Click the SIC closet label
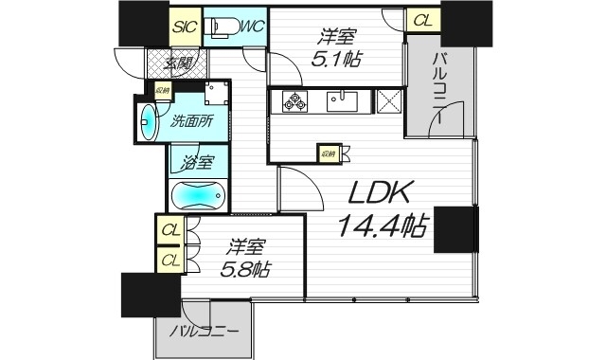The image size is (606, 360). click(186, 27)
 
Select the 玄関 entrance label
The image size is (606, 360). click(177, 64)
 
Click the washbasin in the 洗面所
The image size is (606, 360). click(150, 121)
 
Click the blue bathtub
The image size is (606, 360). click(199, 196)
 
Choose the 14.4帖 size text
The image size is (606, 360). click(383, 226)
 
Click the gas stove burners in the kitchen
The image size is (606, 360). click(294, 100)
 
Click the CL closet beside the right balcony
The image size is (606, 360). click(421, 20)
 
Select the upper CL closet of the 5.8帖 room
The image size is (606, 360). click(170, 229)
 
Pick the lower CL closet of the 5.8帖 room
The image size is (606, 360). click(170, 259)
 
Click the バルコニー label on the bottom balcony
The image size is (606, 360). click(205, 333)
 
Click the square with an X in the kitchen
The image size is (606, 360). click(389, 100)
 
